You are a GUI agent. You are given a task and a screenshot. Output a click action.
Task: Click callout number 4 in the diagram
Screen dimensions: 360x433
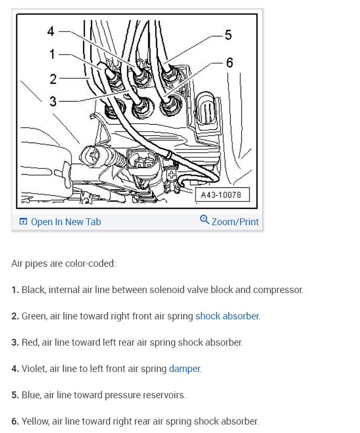click(51, 31)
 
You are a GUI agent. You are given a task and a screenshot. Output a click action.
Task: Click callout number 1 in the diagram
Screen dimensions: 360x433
click(53, 54)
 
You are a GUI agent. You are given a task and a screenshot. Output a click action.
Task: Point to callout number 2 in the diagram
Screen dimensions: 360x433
click(53, 79)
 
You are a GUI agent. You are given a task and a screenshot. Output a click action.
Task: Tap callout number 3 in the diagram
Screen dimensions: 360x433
click(53, 101)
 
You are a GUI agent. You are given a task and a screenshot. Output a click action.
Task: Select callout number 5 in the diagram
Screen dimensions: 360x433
click(228, 35)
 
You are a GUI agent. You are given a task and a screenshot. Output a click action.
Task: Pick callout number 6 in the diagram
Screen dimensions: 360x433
click(229, 62)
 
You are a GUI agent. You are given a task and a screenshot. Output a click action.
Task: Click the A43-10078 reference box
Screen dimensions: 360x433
click(221, 195)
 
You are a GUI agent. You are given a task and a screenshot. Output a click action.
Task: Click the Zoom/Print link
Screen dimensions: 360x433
click(235, 221)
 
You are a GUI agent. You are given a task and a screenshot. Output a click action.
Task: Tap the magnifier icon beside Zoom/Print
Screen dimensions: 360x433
click(204, 220)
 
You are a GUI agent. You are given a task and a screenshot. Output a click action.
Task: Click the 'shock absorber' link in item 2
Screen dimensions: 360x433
click(227, 316)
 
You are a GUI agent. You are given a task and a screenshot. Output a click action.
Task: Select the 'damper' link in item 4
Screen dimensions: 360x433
click(184, 369)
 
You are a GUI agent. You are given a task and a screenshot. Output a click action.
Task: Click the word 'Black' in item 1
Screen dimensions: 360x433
click(33, 290)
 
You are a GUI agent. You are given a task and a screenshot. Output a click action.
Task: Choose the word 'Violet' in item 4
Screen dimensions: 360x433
click(34, 369)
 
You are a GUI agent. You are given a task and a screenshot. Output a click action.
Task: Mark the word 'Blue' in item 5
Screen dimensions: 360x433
click(31, 395)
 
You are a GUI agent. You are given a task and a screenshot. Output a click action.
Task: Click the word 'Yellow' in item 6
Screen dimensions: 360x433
click(35, 421)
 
